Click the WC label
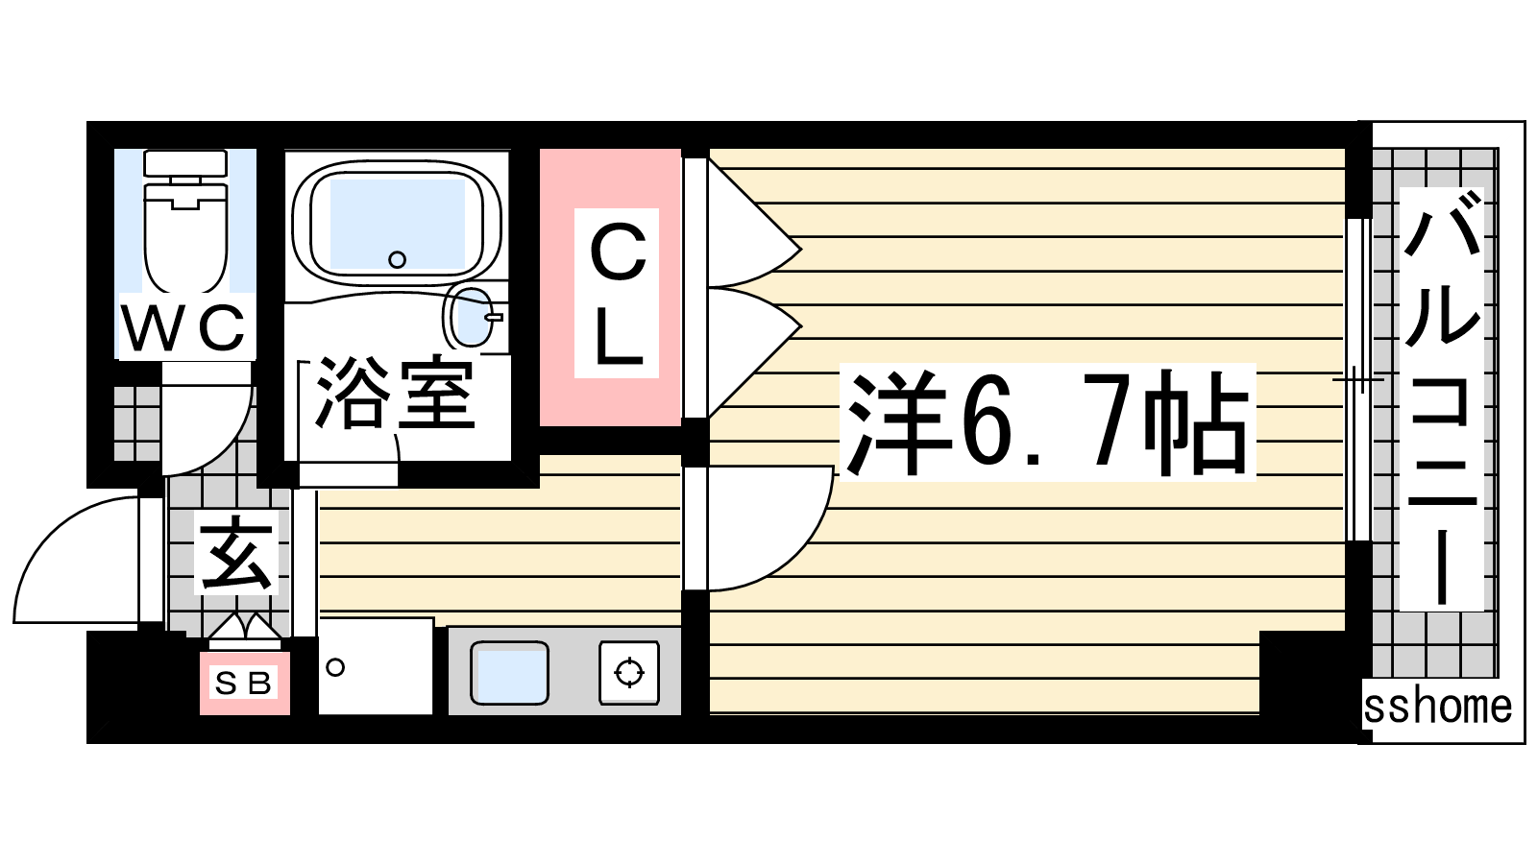pos(183,327)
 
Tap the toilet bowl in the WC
pos(185,236)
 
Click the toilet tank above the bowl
pos(185,163)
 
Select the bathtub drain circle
pos(398,260)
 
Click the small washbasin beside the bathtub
pos(472,317)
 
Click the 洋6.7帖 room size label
pos(1047,422)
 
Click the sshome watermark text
pos(1437,707)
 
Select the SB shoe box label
pos(244,683)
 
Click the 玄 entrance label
pos(236,552)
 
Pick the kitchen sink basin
pos(509,673)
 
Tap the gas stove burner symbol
pos(629,673)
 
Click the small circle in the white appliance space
pos(335,667)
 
